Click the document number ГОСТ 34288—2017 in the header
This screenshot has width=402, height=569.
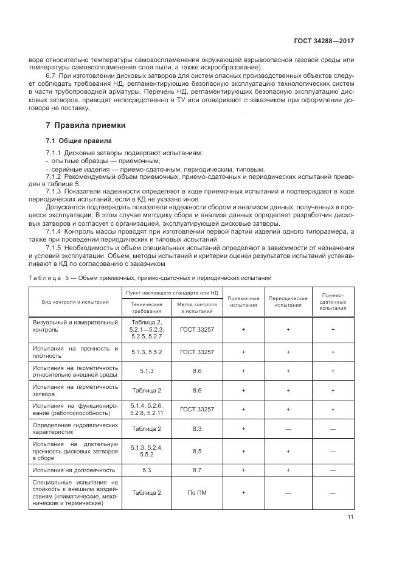[x=324, y=41]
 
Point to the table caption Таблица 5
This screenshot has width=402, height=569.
[x=54, y=278]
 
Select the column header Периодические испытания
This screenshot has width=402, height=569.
[x=288, y=301]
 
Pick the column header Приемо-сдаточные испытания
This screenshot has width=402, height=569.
[x=333, y=301]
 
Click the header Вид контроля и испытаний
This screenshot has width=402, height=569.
[x=75, y=301]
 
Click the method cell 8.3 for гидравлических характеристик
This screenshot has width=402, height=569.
[x=197, y=428]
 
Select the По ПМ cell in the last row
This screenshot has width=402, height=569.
[x=197, y=492]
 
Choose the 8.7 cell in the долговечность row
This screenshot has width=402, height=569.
[x=197, y=470]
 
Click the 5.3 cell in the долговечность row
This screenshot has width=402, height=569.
[x=147, y=470]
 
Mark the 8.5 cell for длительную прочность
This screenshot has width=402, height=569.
[x=197, y=451]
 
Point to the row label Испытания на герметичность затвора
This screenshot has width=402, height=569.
[x=75, y=390]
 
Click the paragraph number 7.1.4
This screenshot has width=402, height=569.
[x=55, y=232]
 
